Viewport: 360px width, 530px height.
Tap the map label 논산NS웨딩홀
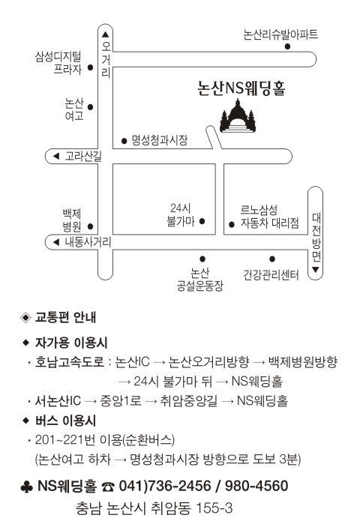(x=241, y=88)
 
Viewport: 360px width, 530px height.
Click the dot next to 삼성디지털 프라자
(x=90, y=67)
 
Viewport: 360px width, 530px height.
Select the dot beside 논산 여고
(x=90, y=107)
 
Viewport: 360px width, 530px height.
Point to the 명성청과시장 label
(x=160, y=140)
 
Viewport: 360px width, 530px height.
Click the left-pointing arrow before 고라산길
(x=56, y=156)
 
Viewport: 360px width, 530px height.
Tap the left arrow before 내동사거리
(x=56, y=242)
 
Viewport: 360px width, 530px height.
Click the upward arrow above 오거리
(x=105, y=34)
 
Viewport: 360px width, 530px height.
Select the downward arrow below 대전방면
(x=316, y=270)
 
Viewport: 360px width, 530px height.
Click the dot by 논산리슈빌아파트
(x=287, y=46)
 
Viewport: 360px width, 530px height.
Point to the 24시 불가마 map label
(x=181, y=214)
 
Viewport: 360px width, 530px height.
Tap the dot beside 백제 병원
(x=90, y=226)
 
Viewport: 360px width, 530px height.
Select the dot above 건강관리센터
(x=272, y=259)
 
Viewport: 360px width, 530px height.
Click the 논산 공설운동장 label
(x=199, y=280)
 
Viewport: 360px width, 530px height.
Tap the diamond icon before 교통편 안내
(x=25, y=317)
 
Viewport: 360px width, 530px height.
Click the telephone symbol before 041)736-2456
(x=108, y=487)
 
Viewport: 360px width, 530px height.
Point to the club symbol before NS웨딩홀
(x=27, y=487)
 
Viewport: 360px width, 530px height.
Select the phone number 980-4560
(x=256, y=486)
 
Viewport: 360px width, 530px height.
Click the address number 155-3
(x=214, y=508)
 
